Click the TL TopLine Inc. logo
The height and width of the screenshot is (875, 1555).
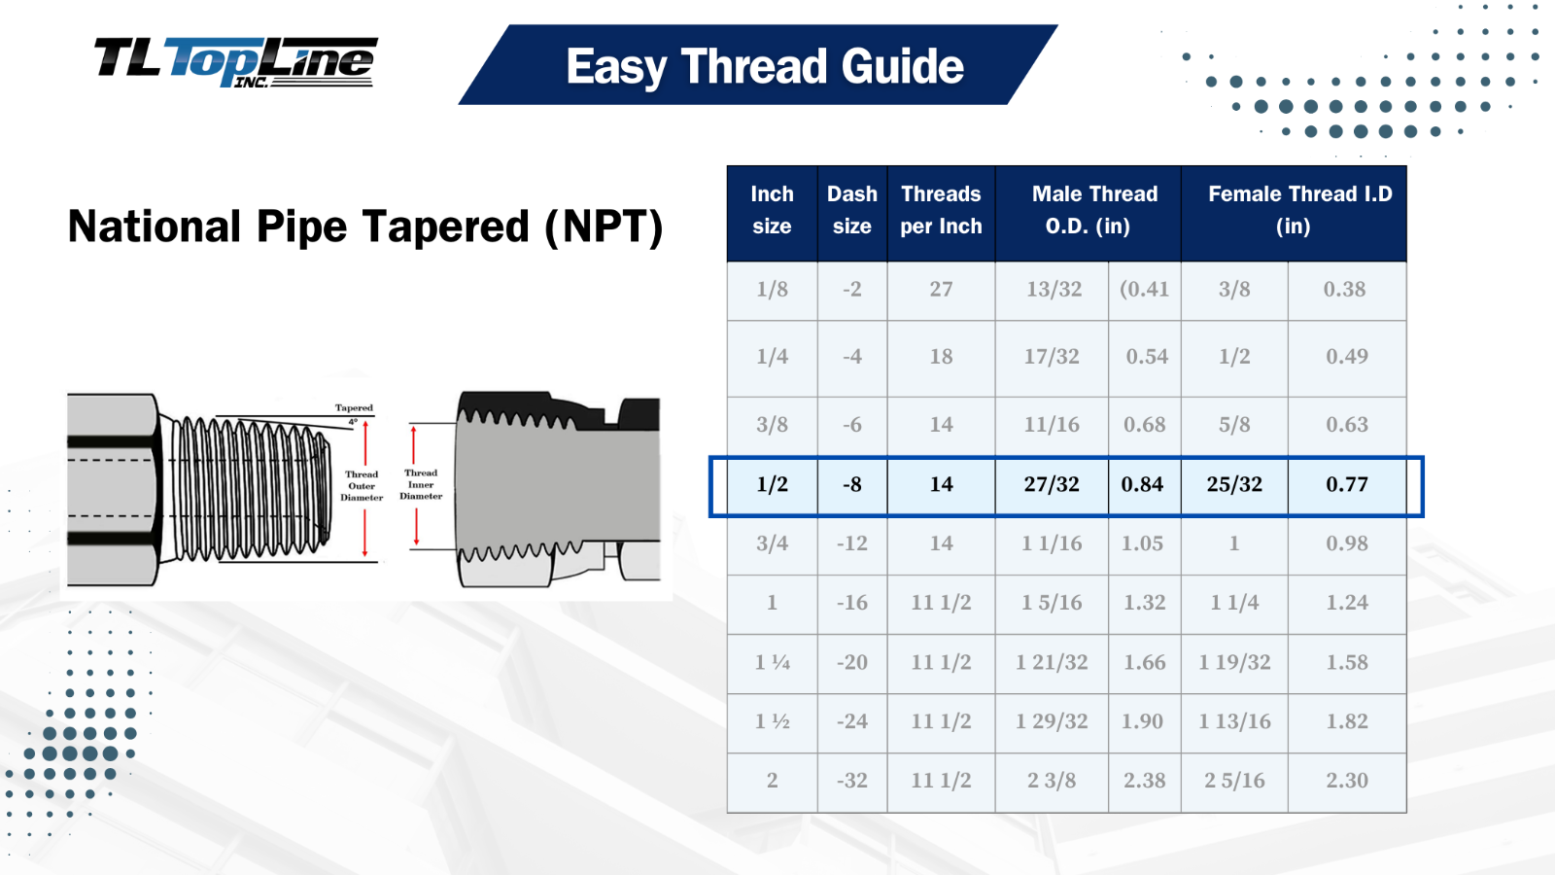point(235,62)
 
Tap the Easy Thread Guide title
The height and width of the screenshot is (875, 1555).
point(764,66)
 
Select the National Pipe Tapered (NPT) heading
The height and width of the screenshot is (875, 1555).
point(364,227)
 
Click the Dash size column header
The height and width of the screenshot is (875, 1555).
point(851,210)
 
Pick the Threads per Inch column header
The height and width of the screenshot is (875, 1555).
point(941,210)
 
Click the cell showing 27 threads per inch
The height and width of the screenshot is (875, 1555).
point(941,290)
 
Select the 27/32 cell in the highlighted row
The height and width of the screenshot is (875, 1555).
point(1051,484)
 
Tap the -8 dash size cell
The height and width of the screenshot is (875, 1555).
point(851,484)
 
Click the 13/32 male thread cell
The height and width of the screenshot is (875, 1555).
point(1054,290)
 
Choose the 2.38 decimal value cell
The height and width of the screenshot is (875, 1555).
point(1144,781)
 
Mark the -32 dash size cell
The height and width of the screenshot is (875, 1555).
point(851,781)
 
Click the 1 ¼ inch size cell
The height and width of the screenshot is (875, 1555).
point(772,663)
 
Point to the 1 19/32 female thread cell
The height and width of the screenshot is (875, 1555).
point(1234,663)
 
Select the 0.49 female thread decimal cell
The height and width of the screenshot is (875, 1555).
point(1346,357)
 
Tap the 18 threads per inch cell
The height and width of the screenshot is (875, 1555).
point(941,357)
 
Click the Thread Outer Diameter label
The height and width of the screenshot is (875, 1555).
point(362,486)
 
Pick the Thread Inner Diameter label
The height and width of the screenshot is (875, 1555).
point(421,484)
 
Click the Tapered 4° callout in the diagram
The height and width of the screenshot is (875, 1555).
point(354,413)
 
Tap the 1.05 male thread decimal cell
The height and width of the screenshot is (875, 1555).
point(1142,543)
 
